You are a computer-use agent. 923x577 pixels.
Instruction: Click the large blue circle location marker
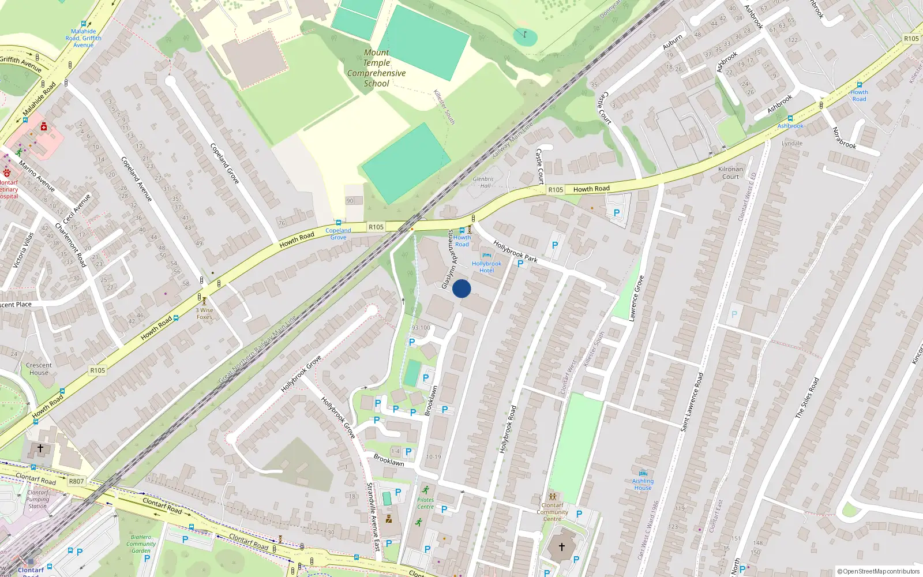click(461, 288)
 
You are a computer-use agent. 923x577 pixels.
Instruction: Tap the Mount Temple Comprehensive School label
click(376, 68)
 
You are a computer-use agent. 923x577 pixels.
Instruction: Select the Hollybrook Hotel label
click(486, 267)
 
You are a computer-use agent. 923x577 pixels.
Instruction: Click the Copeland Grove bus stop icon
click(339, 223)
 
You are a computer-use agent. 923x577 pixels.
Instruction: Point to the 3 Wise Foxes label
click(204, 313)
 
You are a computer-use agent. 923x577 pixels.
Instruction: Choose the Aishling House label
click(643, 484)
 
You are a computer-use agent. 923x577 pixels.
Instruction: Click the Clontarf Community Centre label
click(552, 512)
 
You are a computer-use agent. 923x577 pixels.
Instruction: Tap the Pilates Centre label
click(425, 503)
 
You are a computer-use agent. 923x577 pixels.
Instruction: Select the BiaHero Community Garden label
click(141, 544)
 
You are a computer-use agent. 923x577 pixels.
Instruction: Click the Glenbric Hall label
click(483, 182)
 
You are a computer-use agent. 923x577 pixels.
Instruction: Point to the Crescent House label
click(39, 369)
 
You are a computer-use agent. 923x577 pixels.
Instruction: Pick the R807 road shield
click(76, 481)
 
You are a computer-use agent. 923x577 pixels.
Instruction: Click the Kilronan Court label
click(730, 173)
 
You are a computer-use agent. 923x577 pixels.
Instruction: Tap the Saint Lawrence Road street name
click(692, 402)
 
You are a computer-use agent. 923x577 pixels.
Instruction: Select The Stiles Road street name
click(807, 398)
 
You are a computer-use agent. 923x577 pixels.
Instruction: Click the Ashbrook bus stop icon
click(790, 118)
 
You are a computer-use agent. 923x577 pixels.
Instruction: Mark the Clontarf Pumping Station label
click(37, 499)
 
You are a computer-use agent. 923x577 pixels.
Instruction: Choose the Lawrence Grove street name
click(636, 298)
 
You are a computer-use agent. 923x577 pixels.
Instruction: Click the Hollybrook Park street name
click(515, 252)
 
